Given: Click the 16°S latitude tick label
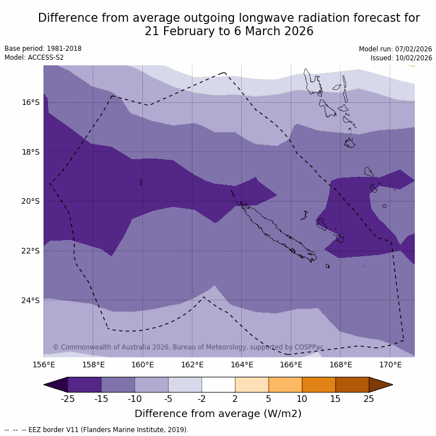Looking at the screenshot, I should [x=31, y=102].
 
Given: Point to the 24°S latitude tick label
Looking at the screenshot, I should [x=31, y=300].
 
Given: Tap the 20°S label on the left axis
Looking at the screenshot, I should [x=31, y=201].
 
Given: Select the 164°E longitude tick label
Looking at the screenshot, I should [x=242, y=365].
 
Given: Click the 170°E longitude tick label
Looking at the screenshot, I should [x=390, y=365].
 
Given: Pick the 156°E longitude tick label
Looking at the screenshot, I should [x=44, y=365].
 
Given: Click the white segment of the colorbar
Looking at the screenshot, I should [x=218, y=385].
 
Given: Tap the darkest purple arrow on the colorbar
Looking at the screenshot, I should [x=56, y=385].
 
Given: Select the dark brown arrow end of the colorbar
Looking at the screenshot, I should [x=381, y=385].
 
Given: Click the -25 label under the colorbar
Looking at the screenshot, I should [x=68, y=398].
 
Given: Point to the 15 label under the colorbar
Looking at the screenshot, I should [x=336, y=398].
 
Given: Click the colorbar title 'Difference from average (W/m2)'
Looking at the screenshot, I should [x=218, y=414].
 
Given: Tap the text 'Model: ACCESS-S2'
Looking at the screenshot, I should [x=34, y=58].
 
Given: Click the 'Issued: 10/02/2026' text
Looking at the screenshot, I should [x=401, y=58].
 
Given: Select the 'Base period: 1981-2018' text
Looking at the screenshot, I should [x=43, y=49].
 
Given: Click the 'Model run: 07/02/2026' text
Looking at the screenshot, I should [x=395, y=49].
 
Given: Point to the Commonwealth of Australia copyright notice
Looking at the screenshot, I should [x=188, y=347].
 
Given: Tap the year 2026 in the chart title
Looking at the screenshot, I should [x=295, y=31].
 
